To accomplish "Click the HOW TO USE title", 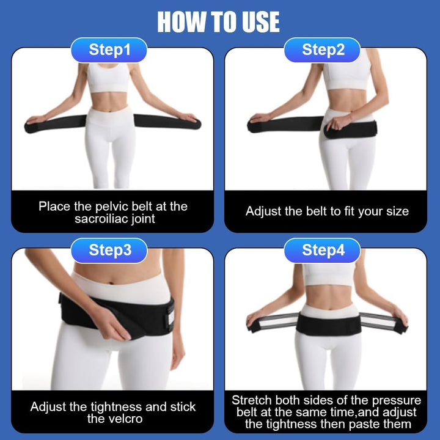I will pyautogui.click(x=219, y=22).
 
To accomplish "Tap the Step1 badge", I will pyautogui.click(x=110, y=50).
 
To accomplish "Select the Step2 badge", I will pyautogui.click(x=323, y=50).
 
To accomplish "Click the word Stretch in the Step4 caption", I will pyautogui.click(x=252, y=400).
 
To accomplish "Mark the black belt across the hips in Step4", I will pyautogui.click(x=328, y=323).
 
